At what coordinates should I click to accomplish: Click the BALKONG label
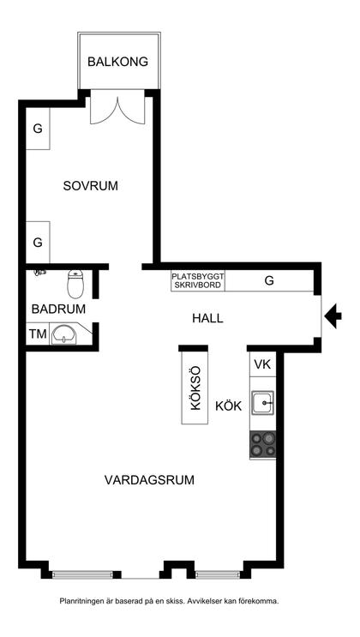coord(117,62)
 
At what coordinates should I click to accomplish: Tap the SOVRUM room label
coord(91,186)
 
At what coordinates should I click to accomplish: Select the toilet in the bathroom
coord(75,284)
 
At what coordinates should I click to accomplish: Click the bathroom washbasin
coord(64,334)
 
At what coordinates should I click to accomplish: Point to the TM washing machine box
coord(38,334)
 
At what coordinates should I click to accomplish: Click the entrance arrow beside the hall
coord(333,315)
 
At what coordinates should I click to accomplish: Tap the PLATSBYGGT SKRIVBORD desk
coord(198,280)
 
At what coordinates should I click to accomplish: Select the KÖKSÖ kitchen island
coord(195,388)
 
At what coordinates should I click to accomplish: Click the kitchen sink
coord(262,403)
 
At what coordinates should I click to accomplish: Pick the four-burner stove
coord(263,444)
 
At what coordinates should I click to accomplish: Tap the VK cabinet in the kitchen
coord(262,364)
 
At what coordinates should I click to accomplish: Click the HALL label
coord(207,318)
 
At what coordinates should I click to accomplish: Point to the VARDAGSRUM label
coord(149,480)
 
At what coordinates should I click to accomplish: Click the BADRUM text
coord(58,309)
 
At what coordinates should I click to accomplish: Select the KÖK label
coord(228,406)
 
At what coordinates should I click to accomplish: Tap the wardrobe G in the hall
coord(269,280)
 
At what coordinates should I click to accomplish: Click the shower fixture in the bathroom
coord(40,273)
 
